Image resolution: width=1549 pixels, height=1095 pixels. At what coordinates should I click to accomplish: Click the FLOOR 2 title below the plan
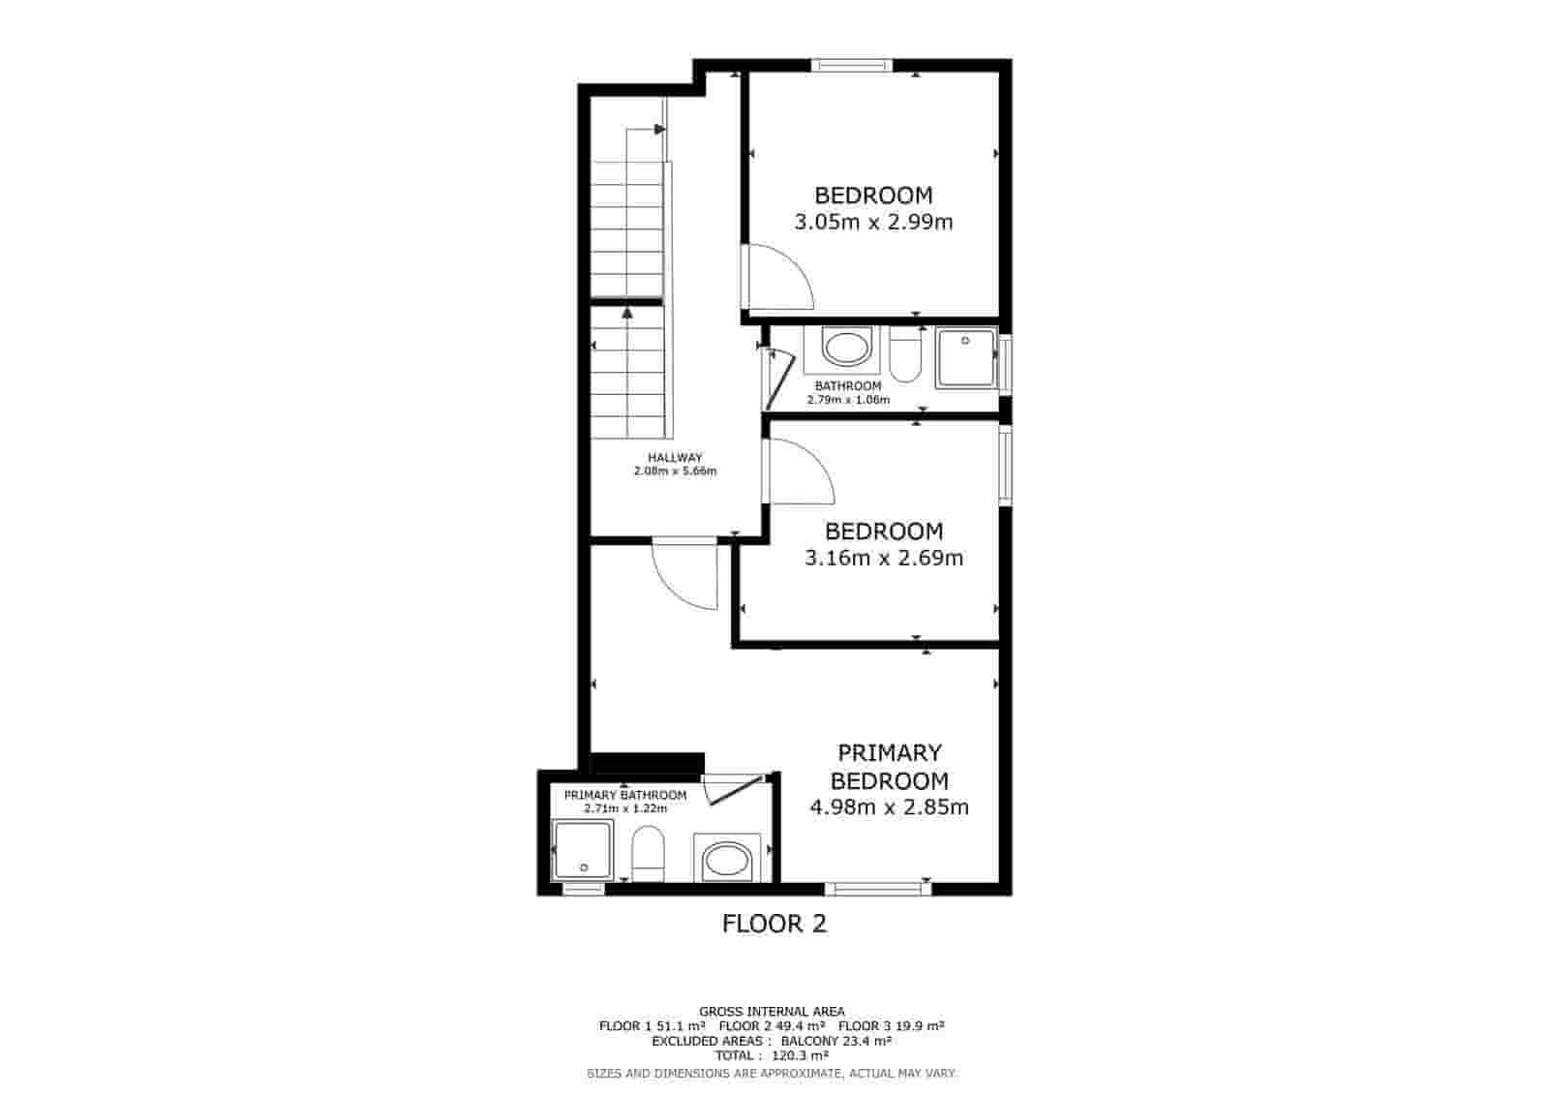tap(774, 924)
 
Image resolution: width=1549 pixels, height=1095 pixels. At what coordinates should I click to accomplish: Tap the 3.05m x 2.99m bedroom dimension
tap(873, 223)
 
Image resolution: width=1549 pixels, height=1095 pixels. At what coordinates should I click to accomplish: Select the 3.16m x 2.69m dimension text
tap(884, 559)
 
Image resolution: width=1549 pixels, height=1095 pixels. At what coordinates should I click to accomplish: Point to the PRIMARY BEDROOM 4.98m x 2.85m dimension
tap(889, 807)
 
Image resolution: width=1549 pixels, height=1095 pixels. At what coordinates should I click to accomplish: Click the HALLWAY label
tap(675, 458)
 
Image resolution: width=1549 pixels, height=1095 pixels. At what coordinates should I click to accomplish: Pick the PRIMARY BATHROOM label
tap(625, 795)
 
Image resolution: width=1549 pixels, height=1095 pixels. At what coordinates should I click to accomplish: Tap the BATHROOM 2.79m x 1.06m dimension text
tap(848, 400)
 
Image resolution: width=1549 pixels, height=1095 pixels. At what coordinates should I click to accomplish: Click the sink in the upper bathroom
tap(846, 349)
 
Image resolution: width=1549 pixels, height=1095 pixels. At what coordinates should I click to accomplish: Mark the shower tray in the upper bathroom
tap(965, 359)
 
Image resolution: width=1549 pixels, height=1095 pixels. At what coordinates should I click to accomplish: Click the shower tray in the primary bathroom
tap(582, 850)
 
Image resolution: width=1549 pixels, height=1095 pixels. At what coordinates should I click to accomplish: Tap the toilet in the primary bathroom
tap(647, 853)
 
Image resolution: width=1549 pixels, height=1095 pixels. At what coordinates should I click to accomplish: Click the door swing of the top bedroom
tap(776, 278)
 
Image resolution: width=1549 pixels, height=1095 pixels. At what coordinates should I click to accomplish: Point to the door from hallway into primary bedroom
tap(683, 575)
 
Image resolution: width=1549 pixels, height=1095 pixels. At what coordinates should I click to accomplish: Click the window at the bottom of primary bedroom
tap(876, 887)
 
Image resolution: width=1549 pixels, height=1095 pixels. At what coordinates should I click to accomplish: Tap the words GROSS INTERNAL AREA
tap(772, 1012)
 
